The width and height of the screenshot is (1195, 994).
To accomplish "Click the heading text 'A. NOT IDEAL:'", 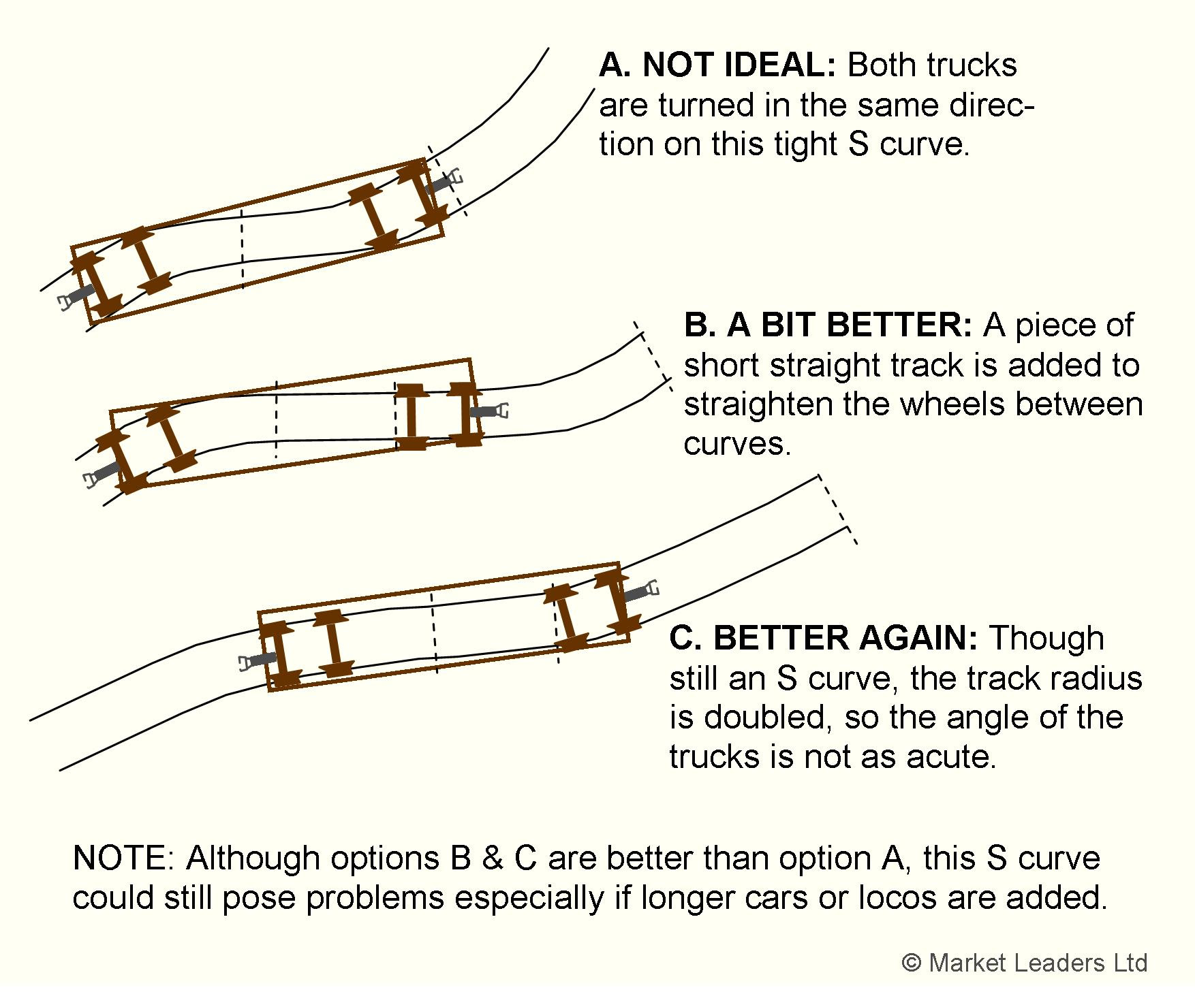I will click(x=717, y=65).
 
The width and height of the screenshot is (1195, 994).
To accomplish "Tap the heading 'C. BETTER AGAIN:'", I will click(x=823, y=638).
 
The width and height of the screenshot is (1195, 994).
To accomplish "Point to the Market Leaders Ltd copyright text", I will click(x=1025, y=963).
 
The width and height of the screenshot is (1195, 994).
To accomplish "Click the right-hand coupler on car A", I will click(x=446, y=182).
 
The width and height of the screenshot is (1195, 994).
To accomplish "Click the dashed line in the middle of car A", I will click(x=242, y=248).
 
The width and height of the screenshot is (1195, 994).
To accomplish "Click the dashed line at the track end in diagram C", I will click(x=837, y=509).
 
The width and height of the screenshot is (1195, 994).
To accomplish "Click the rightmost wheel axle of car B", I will click(x=465, y=414).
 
